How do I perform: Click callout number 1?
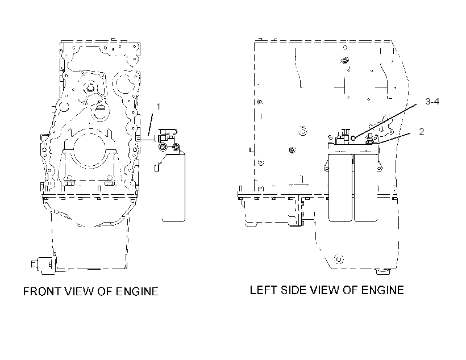click(x=158, y=106)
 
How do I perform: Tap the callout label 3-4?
click(x=432, y=102)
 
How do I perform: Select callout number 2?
click(x=422, y=132)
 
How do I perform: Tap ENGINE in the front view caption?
click(x=137, y=291)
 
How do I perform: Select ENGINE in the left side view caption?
click(x=382, y=290)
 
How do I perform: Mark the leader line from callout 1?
click(x=151, y=124)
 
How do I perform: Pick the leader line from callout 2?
click(x=394, y=139)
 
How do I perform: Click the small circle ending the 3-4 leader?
click(x=353, y=138)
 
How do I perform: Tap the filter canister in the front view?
click(x=173, y=187)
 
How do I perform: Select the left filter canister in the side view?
click(x=340, y=188)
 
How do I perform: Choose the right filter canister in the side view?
click(x=366, y=188)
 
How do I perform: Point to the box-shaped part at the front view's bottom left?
click(x=44, y=264)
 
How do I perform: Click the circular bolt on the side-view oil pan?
click(x=339, y=259)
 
